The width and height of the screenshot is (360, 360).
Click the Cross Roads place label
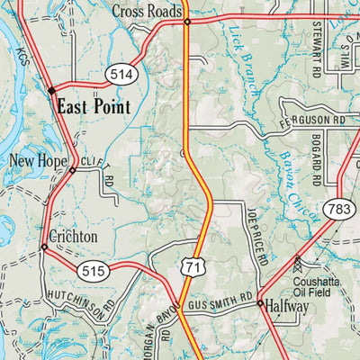147,11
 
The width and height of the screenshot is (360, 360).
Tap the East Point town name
93,106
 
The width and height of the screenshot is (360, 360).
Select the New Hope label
34,162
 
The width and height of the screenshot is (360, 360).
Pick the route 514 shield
117,71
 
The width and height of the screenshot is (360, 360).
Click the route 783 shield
338,209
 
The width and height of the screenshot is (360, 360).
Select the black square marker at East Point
51,90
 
